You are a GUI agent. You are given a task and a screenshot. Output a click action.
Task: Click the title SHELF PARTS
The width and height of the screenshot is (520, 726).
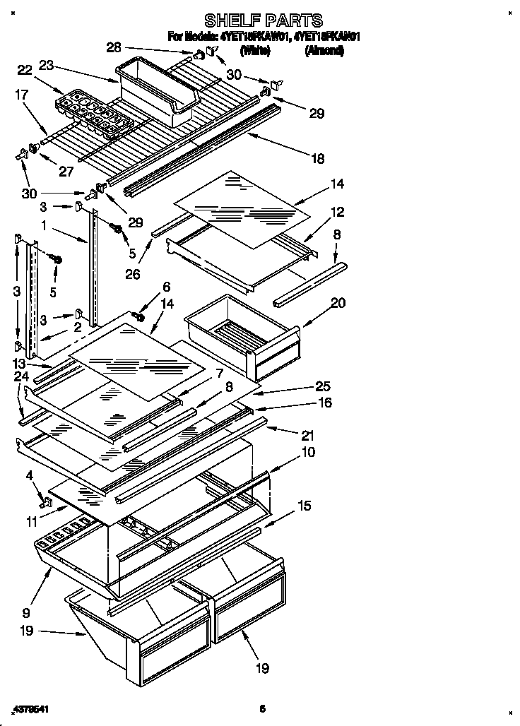(263, 20)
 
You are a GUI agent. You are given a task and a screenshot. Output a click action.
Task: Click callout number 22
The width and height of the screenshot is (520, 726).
(24, 69)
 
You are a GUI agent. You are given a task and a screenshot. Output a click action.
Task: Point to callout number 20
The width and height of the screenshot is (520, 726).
(338, 303)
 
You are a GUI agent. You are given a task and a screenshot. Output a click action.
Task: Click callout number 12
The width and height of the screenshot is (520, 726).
(337, 211)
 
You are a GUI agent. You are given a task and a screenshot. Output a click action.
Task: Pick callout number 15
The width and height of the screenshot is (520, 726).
(303, 506)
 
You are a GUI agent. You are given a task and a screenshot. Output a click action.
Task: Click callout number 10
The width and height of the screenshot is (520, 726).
(308, 451)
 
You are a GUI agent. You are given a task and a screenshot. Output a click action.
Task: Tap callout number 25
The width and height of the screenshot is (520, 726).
(322, 387)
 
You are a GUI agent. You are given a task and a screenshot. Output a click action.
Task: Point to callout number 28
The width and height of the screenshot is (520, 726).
(114, 48)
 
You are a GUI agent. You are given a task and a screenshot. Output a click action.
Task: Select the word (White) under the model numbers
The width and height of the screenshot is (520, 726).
(256, 51)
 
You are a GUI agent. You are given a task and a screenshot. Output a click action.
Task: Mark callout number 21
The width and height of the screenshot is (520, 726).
(307, 436)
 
